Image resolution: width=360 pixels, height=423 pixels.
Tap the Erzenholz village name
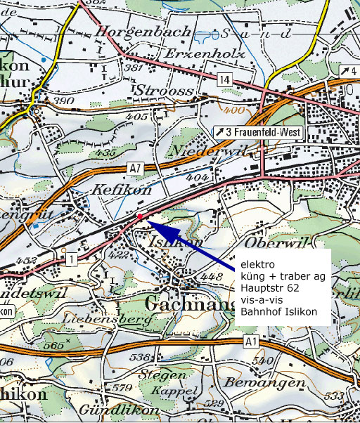tap(204, 54)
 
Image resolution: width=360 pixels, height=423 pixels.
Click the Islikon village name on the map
tap(172, 242)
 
